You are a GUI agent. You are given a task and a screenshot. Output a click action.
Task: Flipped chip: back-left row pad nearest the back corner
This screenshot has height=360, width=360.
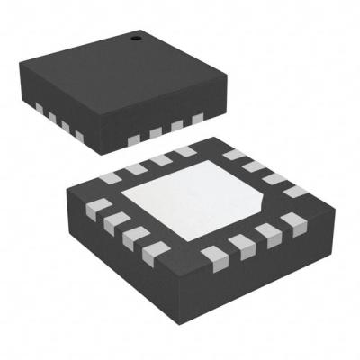187,152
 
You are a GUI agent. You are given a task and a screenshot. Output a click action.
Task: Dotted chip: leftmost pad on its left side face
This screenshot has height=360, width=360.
41,110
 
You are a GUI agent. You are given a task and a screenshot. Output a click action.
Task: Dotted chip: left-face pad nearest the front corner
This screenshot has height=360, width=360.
79,137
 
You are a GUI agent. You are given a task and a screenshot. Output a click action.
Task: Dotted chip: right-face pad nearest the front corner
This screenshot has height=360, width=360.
135,138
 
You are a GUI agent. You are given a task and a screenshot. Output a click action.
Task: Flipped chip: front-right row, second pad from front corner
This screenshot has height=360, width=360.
238,243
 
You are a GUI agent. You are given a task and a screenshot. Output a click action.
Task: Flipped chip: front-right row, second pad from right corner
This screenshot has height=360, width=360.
265,232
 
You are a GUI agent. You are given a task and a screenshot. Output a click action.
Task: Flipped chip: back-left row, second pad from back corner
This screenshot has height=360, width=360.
160,160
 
